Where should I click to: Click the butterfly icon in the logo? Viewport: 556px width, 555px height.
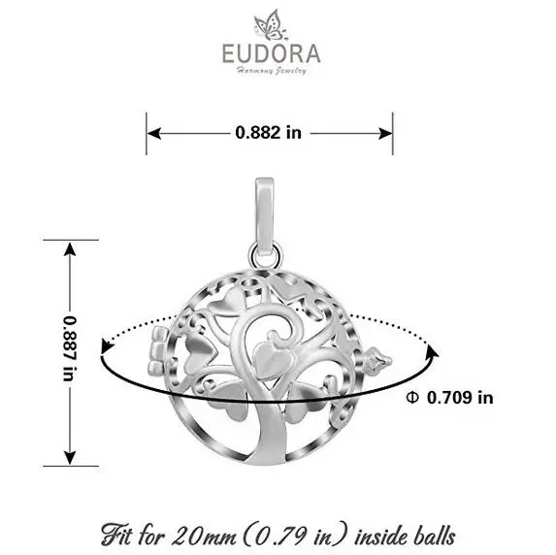point(270,25)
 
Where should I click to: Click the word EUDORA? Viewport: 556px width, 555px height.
point(272,54)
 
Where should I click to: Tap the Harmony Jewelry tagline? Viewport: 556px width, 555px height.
point(272,70)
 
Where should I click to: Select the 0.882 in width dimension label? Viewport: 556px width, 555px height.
point(269,133)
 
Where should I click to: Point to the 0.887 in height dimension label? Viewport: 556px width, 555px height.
point(70,348)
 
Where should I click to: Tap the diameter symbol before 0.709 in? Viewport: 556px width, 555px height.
point(412,397)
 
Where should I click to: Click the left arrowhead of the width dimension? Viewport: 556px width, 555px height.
point(154,133)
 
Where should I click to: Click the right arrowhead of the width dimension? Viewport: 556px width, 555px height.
point(385,133)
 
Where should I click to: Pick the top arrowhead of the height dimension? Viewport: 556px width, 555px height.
point(70,248)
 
